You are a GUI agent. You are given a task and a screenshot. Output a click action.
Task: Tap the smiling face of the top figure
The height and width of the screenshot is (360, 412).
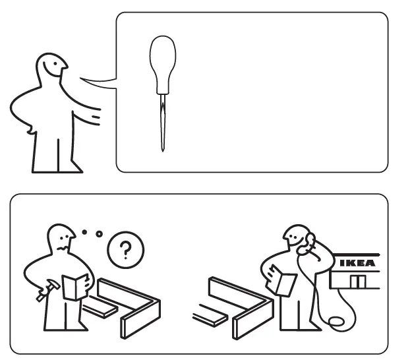[53, 65]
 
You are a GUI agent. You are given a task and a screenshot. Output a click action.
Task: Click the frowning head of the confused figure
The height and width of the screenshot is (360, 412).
[63, 238]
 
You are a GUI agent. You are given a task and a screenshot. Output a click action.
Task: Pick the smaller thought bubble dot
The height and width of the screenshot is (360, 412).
[85, 231]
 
